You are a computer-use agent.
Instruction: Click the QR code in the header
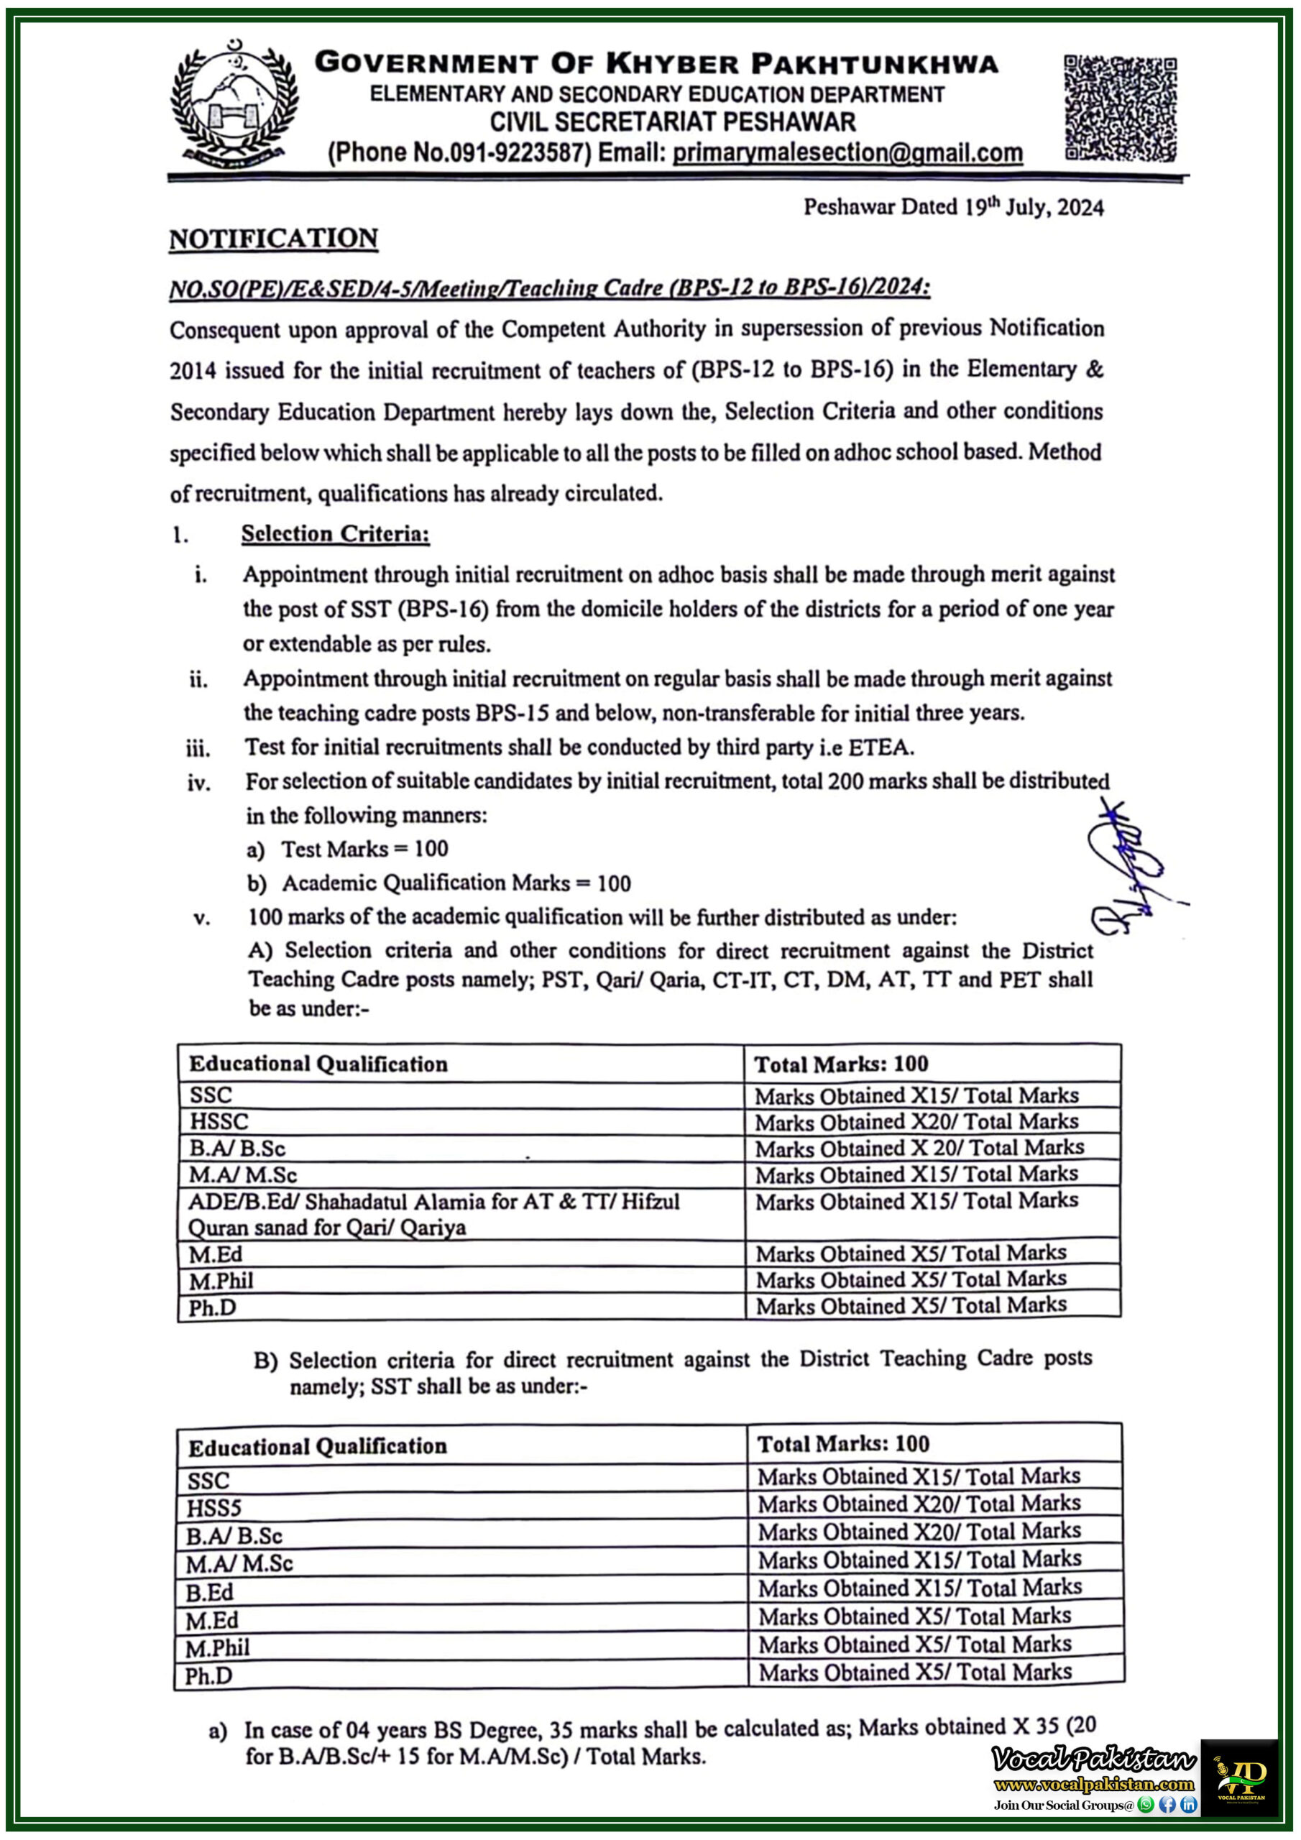(1119, 109)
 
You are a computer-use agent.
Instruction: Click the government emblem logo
(234, 104)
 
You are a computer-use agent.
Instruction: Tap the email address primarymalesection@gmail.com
(847, 152)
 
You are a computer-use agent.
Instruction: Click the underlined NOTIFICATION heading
(273, 239)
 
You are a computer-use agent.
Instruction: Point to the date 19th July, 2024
(1034, 207)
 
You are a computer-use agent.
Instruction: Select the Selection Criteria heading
(335, 534)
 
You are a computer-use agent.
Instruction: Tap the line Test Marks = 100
(364, 849)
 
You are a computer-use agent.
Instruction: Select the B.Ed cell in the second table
(209, 1591)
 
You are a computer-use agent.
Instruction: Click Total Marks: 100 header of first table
(841, 1064)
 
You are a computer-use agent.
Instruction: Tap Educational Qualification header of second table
(318, 1448)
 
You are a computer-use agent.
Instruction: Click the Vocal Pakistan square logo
(1239, 1778)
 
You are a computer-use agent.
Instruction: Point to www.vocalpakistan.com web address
(1093, 1785)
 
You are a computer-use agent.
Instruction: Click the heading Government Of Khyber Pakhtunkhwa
(656, 63)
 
